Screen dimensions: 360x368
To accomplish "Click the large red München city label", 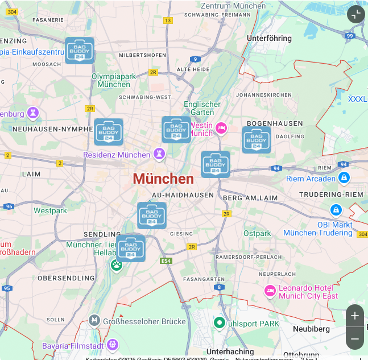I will (x=163, y=179).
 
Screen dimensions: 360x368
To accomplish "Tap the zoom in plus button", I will (x=355, y=316).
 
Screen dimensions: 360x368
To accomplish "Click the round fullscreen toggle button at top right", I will (x=355, y=14).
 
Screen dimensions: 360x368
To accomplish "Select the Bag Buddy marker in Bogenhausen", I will (x=256, y=139).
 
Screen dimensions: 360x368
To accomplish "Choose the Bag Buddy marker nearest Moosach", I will (x=80, y=50).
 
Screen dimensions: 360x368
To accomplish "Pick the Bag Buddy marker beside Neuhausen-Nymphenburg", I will (x=108, y=132).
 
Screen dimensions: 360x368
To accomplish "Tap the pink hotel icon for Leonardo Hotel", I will (x=270, y=291).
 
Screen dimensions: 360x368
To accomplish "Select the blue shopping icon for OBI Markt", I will (x=336, y=210).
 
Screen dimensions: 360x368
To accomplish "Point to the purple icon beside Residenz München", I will (x=159, y=154).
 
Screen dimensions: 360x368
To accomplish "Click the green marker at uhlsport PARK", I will (x=219, y=323).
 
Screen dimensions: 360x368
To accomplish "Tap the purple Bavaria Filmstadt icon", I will (x=113, y=345).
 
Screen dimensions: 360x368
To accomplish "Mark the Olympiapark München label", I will (x=114, y=80).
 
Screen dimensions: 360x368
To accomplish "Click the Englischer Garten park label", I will (x=202, y=108).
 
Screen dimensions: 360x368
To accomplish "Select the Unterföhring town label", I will (x=269, y=38).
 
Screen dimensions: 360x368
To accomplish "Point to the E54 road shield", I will (x=166, y=260).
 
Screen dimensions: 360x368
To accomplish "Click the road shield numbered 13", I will (x=167, y=20).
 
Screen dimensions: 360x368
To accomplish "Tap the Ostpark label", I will (x=257, y=233).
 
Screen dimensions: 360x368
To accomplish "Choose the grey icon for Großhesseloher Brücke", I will (x=94, y=321).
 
